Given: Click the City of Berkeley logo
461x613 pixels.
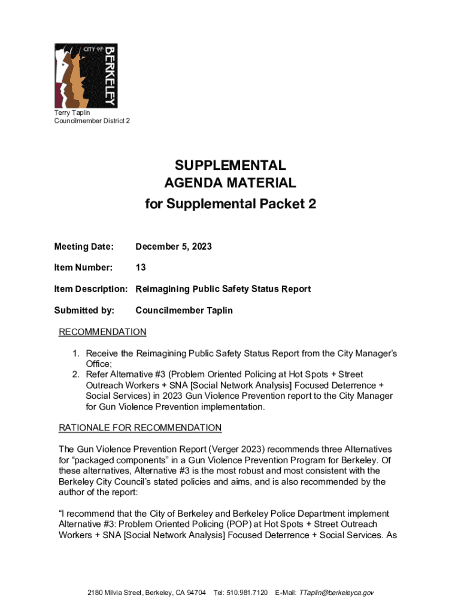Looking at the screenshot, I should tap(86, 75).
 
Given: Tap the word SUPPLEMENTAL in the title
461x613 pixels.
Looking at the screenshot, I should tap(230, 165).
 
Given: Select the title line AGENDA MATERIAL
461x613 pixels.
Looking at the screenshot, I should tap(230, 183).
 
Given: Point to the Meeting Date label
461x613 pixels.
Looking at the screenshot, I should tap(83, 247).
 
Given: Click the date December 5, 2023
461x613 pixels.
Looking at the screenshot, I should tap(174, 247).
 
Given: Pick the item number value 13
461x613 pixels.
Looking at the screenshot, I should tap(141, 267).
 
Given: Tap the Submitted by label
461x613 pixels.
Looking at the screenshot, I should tap(84, 310).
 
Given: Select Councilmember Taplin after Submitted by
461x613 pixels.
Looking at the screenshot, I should tap(184, 310).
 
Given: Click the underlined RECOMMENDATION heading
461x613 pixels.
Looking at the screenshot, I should tap(102, 332).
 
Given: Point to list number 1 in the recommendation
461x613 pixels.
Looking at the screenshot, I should tap(77, 353).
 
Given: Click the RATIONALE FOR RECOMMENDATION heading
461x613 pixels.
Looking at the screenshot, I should tap(140, 428).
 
